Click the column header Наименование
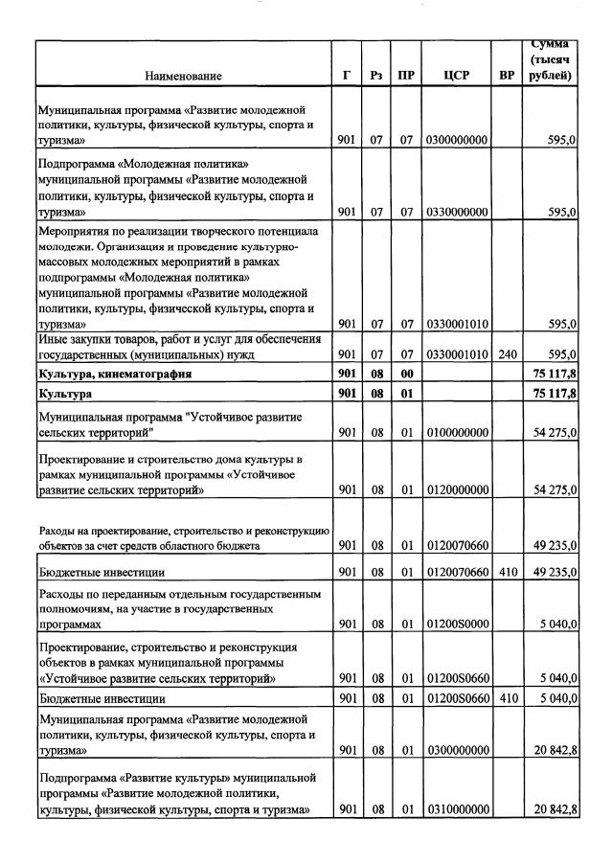point(184,76)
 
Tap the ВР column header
point(508,76)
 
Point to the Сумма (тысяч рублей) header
point(551,59)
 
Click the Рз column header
point(376,76)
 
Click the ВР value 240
point(508,354)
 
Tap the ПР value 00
point(406,374)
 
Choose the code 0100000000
point(456,433)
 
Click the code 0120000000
point(456,490)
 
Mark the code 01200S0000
point(456,624)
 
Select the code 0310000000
point(456,810)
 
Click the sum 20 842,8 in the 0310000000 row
point(553,810)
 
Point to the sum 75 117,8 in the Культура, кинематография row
point(553,374)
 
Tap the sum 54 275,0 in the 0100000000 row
point(553,433)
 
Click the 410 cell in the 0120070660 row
point(508,573)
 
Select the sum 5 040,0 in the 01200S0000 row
point(555,624)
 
